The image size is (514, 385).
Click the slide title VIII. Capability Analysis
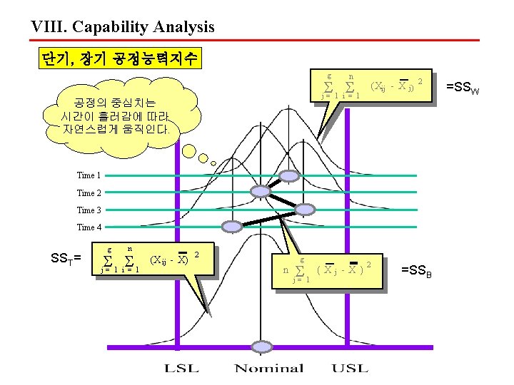[123, 27]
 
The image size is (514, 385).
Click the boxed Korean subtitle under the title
[120, 58]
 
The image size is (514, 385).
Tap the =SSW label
[463, 88]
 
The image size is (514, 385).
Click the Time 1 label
[89, 175]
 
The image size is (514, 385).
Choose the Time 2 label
[89, 192]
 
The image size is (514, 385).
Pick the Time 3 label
[89, 210]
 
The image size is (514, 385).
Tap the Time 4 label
[89, 227]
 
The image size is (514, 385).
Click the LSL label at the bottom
[182, 369]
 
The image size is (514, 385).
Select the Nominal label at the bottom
[269, 369]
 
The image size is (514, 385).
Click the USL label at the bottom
[350, 369]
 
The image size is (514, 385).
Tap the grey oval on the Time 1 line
[289, 175]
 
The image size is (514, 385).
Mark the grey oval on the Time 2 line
[261, 192]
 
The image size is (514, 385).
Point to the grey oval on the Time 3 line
[305, 210]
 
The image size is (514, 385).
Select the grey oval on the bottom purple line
[263, 346]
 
